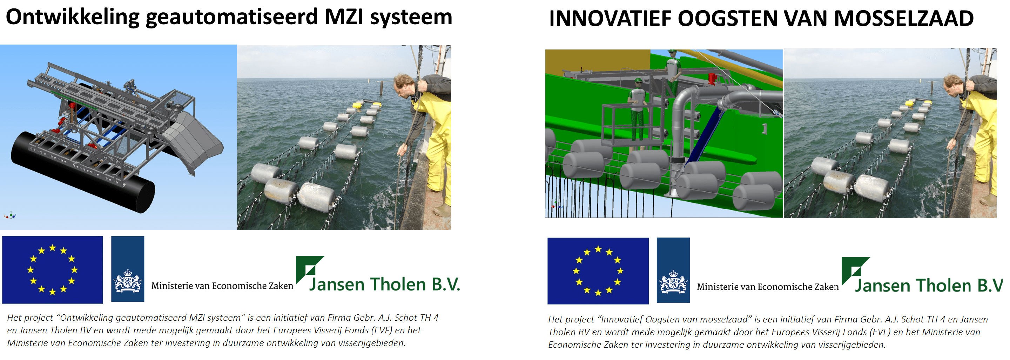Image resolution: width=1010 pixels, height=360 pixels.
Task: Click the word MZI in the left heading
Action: coord(344,17)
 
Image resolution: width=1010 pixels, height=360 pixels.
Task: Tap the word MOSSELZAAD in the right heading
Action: coord(903,19)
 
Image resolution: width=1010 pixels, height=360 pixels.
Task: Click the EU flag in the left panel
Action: coord(53,269)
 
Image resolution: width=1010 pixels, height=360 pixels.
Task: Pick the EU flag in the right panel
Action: coord(598,271)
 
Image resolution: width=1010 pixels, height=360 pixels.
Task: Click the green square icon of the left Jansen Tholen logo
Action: coord(310,269)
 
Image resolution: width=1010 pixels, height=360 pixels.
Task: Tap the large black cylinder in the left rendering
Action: coord(83,172)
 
